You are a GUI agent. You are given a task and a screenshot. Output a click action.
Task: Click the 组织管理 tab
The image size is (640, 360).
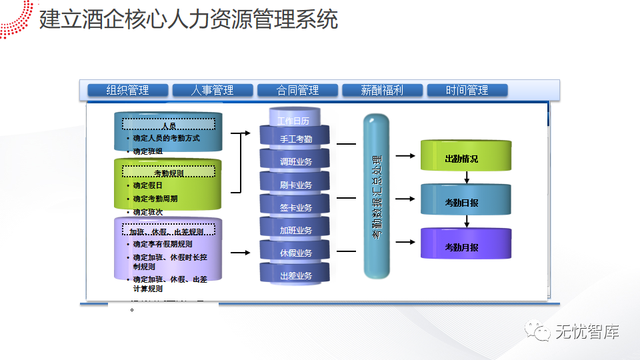(127, 90)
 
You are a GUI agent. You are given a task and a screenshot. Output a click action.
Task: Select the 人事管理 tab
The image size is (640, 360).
(213, 90)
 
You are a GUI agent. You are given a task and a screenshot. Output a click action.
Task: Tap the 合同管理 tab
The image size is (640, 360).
(297, 90)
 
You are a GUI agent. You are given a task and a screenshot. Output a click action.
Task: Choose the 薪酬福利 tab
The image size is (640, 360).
(383, 90)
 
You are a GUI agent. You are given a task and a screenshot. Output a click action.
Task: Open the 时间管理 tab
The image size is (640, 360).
(467, 90)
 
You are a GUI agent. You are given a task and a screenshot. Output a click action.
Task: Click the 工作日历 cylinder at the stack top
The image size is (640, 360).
(294, 120)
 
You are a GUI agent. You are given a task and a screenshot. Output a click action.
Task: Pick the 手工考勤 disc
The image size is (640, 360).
(295, 139)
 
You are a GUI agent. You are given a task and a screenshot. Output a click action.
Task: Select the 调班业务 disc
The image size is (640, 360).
(295, 162)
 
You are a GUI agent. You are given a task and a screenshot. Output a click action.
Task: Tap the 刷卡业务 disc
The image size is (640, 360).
(295, 185)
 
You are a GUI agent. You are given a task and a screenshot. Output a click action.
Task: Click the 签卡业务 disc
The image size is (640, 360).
(295, 207)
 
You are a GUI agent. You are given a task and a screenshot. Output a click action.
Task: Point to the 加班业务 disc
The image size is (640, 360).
(295, 230)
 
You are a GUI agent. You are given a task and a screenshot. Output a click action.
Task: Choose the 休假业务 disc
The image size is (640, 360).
(295, 253)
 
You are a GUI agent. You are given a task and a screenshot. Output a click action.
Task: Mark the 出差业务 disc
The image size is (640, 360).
(295, 275)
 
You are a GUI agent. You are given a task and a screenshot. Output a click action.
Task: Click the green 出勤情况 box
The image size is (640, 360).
(465, 158)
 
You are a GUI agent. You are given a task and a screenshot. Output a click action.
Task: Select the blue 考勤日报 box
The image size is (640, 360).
(465, 201)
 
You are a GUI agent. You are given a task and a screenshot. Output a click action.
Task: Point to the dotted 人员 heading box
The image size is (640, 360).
(169, 125)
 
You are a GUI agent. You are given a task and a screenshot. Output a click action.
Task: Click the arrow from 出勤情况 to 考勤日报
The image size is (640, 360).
(466, 177)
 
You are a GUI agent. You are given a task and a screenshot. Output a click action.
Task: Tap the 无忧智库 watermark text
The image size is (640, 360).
(587, 330)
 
